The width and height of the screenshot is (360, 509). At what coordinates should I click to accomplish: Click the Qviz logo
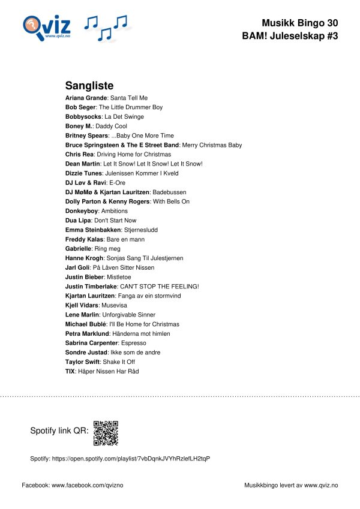pyautogui.click(x=47, y=27)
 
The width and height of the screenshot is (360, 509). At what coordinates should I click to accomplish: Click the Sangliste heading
pyautogui.click(x=89, y=86)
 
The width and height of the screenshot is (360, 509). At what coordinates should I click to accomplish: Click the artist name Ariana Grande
pyautogui.click(x=86, y=98)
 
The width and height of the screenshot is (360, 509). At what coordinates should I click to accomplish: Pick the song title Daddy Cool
pyautogui.click(x=112, y=127)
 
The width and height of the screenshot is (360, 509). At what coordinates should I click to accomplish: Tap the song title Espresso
pyautogui.click(x=133, y=343)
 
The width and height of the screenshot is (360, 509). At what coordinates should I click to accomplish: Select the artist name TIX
pyautogui.click(x=70, y=372)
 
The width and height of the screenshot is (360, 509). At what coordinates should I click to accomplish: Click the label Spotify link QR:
pyautogui.click(x=59, y=431)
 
